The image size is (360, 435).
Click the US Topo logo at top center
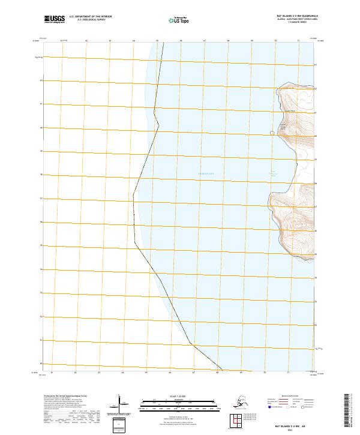pyautogui.click(x=179, y=20)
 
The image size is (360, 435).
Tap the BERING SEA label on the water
pyautogui.click(x=206, y=174)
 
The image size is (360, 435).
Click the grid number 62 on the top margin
pyautogui.click(x=86, y=40)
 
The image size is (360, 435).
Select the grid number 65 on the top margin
pyautogui.click(x=157, y=40)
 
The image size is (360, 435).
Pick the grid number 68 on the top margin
pyautogui.click(x=229, y=40)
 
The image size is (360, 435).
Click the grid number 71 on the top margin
pyautogui.click(x=299, y=40)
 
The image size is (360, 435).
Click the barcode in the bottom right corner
pyautogui.click(x=351, y=412)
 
